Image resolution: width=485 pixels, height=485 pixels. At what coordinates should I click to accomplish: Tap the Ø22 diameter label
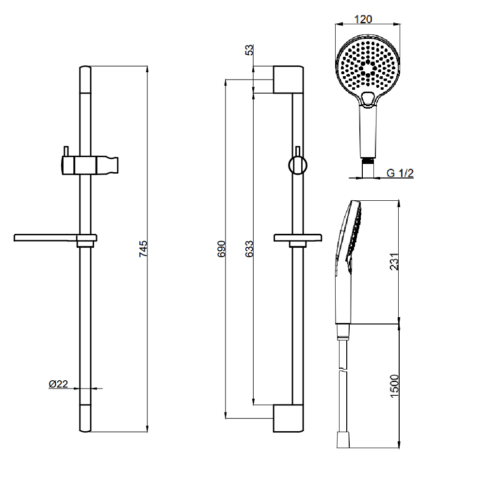point(58,384)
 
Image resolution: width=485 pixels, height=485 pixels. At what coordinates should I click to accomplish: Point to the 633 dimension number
point(249,248)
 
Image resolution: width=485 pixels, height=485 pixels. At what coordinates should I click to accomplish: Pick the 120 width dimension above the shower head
point(364,19)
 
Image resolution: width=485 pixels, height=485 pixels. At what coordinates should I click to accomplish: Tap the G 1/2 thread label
point(400,173)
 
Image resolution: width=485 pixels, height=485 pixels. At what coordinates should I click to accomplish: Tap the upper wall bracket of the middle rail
point(288,80)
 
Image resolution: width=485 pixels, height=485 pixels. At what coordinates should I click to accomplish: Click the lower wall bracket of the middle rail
point(288,418)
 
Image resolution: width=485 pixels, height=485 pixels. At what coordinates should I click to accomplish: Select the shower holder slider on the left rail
point(90,165)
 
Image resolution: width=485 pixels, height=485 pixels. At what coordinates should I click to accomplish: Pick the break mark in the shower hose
point(343,371)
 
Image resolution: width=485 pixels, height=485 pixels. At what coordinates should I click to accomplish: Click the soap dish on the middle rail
point(298,238)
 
